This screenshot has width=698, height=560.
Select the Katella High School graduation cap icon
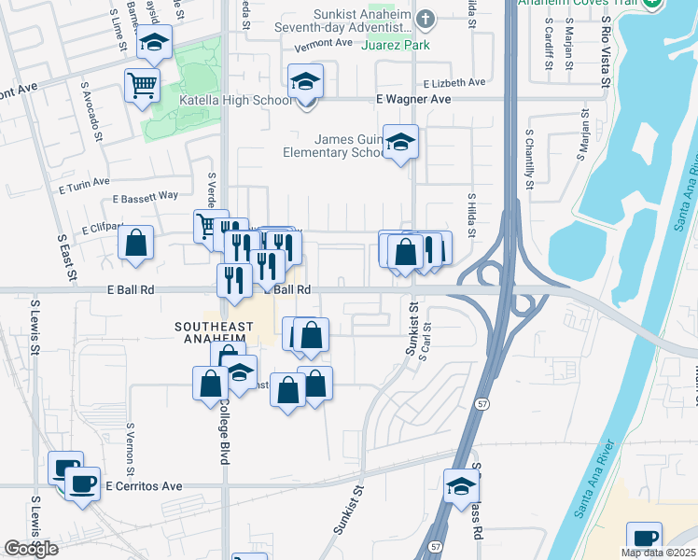[x=305, y=81]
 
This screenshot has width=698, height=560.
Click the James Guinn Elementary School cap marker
[x=400, y=142]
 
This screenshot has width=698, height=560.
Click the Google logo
[x=32, y=549]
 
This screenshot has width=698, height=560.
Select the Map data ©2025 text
[x=658, y=553]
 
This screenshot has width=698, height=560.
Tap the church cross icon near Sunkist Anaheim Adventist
[x=426, y=19]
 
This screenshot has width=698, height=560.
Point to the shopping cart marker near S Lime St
[x=141, y=86]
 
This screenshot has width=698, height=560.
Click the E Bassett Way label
[x=145, y=197]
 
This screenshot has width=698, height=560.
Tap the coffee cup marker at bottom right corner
[x=644, y=539]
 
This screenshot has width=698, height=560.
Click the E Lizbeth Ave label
[x=454, y=82]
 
